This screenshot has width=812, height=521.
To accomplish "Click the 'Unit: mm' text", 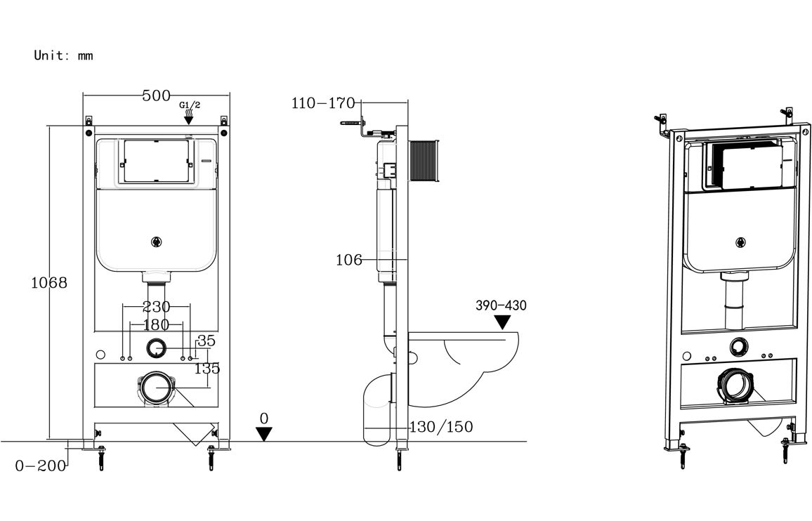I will tap(63, 55).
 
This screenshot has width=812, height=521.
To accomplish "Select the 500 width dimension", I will tap(156, 96).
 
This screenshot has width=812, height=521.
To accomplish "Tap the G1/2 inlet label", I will tap(190, 105).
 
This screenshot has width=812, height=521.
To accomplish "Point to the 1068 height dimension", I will tap(49, 283).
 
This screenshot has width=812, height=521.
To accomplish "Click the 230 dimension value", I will tap(156, 307).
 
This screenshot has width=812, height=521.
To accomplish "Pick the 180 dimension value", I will tap(156, 324).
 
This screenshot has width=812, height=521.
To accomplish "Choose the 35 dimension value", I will tap(206, 341).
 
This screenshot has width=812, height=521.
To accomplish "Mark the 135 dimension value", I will tap(207, 367).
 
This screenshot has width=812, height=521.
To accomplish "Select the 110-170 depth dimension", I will tap(323, 103).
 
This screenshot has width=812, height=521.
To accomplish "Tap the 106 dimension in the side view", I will tap(349, 260).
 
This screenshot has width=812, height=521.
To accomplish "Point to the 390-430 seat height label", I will tap(501, 305).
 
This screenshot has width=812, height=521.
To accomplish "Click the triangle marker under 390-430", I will tap(502, 322).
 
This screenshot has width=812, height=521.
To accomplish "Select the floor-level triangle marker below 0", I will tap(264, 434).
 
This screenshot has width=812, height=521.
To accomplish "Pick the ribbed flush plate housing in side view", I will tap(423, 161).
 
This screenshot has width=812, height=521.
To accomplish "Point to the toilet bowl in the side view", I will tap(464, 365).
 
